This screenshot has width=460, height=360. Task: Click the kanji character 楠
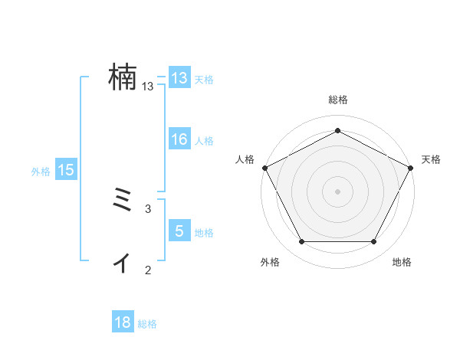pyautogui.click(x=123, y=78)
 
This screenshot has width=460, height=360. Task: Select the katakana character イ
pyautogui.click(x=122, y=263)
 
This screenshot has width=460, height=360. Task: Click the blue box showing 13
pyautogui.click(x=179, y=78)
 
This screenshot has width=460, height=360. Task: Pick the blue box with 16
pyautogui.click(x=179, y=139)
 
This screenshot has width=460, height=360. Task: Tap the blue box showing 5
pyautogui.click(x=179, y=231)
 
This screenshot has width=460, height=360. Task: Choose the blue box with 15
pyautogui.click(x=66, y=170)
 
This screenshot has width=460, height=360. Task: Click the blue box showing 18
pyautogui.click(x=123, y=322)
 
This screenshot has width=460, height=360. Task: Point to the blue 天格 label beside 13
pyautogui.click(x=204, y=80)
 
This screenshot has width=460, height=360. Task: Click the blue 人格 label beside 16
pyautogui.click(x=204, y=141)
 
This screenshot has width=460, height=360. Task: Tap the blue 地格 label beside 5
pyautogui.click(x=204, y=233)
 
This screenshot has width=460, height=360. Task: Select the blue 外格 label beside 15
pyautogui.click(x=41, y=172)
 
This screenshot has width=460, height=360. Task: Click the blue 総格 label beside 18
pyautogui.click(x=147, y=324)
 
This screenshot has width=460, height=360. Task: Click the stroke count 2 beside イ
pyautogui.click(x=148, y=270)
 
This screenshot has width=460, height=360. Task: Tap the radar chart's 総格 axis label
pyautogui.click(x=337, y=100)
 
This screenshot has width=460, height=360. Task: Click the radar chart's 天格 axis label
pyautogui.click(x=431, y=159)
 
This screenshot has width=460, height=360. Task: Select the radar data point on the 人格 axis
pyautogui.click(x=264, y=167)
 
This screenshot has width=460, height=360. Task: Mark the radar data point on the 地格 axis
pyautogui.click(x=374, y=242)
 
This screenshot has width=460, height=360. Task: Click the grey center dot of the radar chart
pyautogui.click(x=337, y=191)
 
